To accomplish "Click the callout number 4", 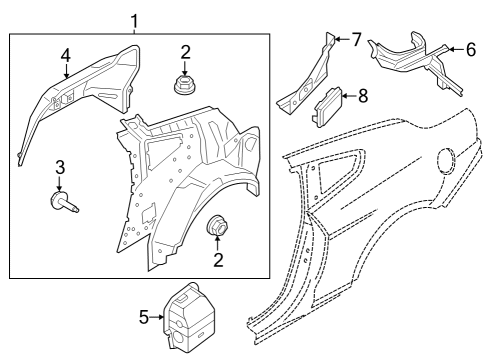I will [x=65, y=55].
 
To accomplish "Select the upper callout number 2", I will [x=184, y=52].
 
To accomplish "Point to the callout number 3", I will [x=60, y=166].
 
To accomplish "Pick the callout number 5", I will [x=142, y=317].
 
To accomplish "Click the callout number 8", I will [x=362, y=96].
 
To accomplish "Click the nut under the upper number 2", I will [x=184, y=84].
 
